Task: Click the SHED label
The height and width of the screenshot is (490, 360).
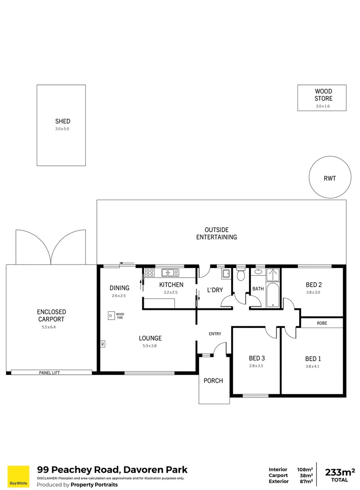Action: point(63,121)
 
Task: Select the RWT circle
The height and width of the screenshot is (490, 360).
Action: point(330,178)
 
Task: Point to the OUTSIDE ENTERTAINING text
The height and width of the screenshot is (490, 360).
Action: point(216,233)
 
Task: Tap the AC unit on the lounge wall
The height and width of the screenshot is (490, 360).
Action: point(102,344)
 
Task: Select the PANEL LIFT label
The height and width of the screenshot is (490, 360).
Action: point(50,372)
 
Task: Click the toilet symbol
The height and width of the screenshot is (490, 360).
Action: point(241,275)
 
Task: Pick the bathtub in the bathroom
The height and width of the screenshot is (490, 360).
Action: point(272,288)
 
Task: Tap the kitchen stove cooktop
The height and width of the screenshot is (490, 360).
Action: point(150,273)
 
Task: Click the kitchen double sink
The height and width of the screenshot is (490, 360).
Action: point(170,273)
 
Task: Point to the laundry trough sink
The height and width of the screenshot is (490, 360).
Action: point(225,274)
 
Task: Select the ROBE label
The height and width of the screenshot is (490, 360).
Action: point(322,323)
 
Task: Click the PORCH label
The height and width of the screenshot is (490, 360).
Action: point(213,381)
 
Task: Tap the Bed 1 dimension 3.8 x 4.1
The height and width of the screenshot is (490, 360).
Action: point(312,367)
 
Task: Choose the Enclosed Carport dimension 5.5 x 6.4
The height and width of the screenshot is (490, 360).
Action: point(51,327)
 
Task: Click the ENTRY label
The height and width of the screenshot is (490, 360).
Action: point(215,334)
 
